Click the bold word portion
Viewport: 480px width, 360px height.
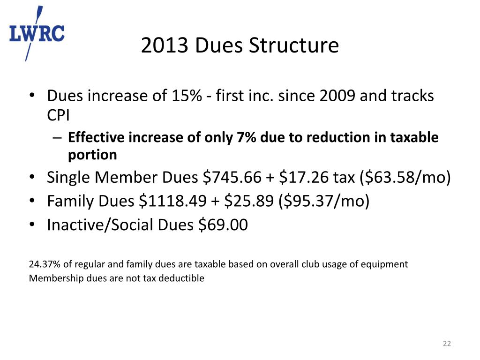92,154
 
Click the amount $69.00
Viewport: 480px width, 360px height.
223,225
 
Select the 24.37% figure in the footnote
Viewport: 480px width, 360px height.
43,264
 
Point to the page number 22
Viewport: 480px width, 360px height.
447,345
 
